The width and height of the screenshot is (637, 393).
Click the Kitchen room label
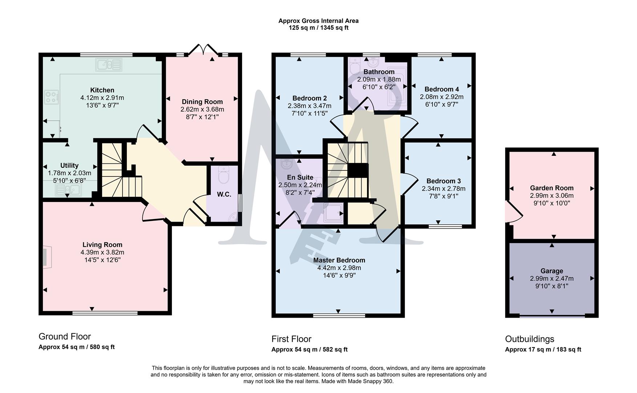coord(102,90)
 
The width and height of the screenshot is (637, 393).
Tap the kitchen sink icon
coord(108,65)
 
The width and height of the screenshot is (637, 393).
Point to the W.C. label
coord(224,194)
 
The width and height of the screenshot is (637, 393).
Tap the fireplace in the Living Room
coord(46,257)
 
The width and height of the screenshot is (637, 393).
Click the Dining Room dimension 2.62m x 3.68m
coord(202,109)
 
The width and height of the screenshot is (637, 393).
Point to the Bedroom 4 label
coord(441,89)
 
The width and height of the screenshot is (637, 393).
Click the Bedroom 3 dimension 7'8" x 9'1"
coord(443,196)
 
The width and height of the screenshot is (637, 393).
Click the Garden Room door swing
coord(513,212)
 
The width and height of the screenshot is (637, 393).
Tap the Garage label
coord(551,271)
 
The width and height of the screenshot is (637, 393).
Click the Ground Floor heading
coord(65,336)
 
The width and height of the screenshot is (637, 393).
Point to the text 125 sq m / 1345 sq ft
coord(318,28)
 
